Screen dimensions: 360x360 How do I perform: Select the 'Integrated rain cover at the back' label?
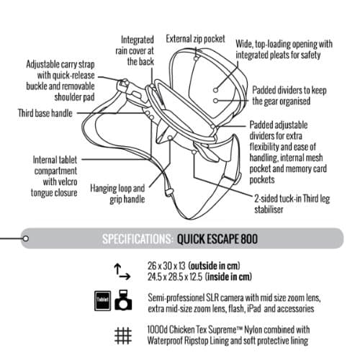136,50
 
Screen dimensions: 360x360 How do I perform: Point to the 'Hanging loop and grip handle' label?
117,194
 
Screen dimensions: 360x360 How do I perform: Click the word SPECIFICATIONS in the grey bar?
137,238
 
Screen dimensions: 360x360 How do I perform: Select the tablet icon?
102,302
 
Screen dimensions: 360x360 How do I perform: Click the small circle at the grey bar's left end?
24,238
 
